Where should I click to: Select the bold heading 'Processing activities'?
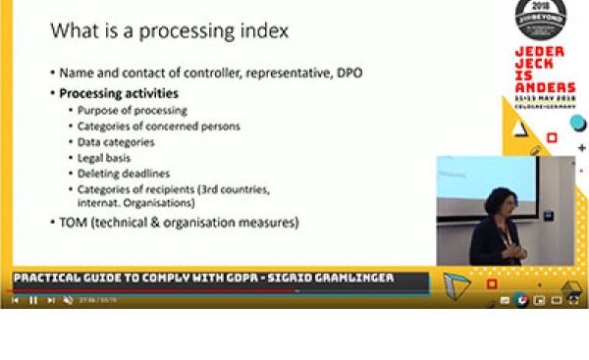[119, 94]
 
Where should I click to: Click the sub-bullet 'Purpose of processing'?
[133, 111]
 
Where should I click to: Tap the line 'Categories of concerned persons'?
[158, 127]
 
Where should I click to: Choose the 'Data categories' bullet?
[119, 142]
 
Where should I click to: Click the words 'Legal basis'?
[105, 157]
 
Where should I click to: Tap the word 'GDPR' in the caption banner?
[223, 279]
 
